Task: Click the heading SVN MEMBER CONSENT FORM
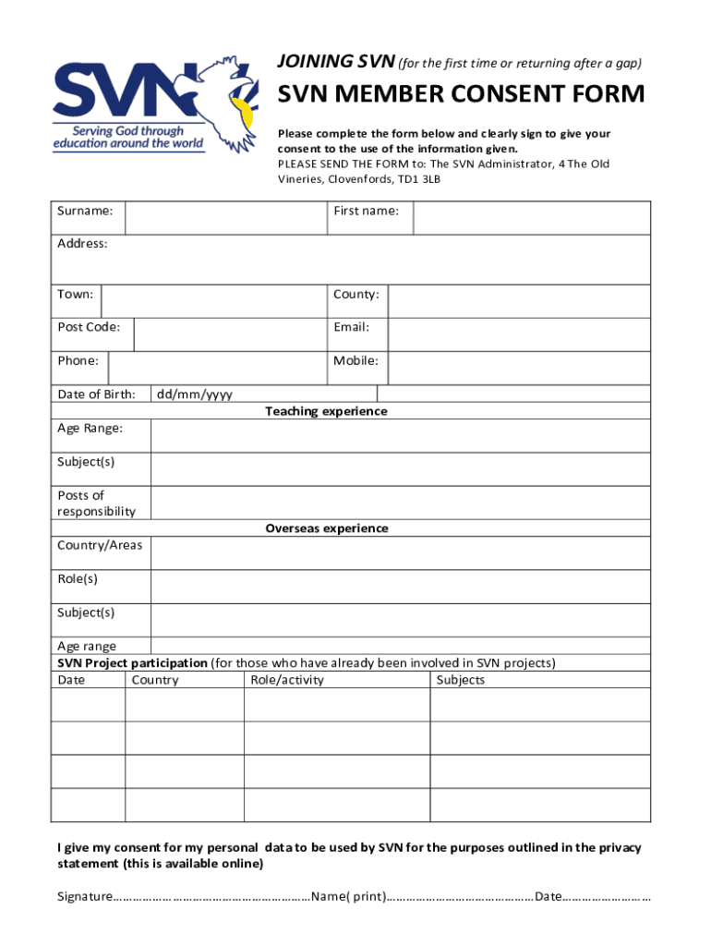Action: tap(462, 95)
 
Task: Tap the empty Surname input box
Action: tap(226, 218)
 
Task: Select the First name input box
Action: tap(531, 218)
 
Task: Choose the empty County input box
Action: tap(519, 300)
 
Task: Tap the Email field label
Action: tap(351, 327)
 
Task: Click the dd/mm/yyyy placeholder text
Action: tap(194, 394)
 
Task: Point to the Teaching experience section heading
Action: tap(326, 411)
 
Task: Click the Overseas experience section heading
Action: tap(327, 528)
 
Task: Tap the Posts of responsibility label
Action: tap(96, 503)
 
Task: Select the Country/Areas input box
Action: tap(400, 552)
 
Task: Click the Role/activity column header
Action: tap(287, 680)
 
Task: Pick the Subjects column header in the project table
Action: tap(460, 680)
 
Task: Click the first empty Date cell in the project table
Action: tap(88, 705)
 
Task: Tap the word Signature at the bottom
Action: tap(84, 896)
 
